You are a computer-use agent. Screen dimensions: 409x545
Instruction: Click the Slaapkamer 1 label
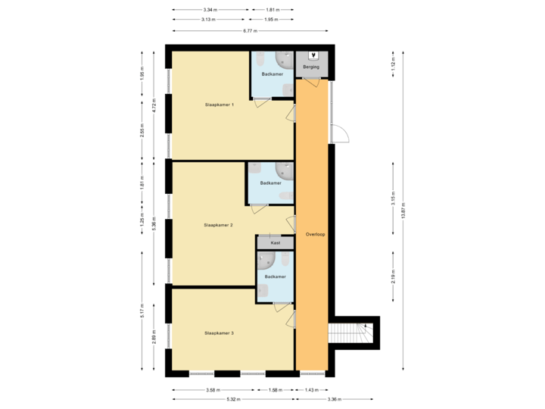pyautogui.click(x=219, y=104)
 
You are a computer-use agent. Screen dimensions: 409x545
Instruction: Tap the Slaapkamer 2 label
pyautogui.click(x=218, y=225)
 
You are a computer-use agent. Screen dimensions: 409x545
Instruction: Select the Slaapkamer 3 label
pyautogui.click(x=219, y=333)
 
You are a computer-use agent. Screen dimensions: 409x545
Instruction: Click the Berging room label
pyautogui.click(x=311, y=67)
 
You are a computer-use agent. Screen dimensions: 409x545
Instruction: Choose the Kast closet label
pyautogui.click(x=275, y=243)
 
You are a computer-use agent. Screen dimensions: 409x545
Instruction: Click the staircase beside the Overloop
pyautogui.click(x=351, y=333)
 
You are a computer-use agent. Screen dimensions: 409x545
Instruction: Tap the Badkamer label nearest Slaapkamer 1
pyautogui.click(x=272, y=74)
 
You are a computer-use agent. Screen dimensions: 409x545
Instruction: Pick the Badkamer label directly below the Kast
pyautogui.click(x=275, y=277)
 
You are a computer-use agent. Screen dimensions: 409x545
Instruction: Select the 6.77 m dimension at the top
pyautogui.click(x=250, y=31)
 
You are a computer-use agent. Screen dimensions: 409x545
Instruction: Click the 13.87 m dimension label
pyautogui.click(x=403, y=210)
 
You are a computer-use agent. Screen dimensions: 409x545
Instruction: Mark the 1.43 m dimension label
pyautogui.click(x=311, y=390)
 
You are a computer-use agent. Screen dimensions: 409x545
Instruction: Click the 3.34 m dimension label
pyautogui.click(x=210, y=11)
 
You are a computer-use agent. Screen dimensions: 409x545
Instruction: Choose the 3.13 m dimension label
pyautogui.click(x=208, y=20)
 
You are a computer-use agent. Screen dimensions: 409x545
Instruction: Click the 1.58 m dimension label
pyautogui.click(x=275, y=390)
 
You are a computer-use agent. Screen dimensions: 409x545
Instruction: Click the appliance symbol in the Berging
pyautogui.click(x=313, y=56)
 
